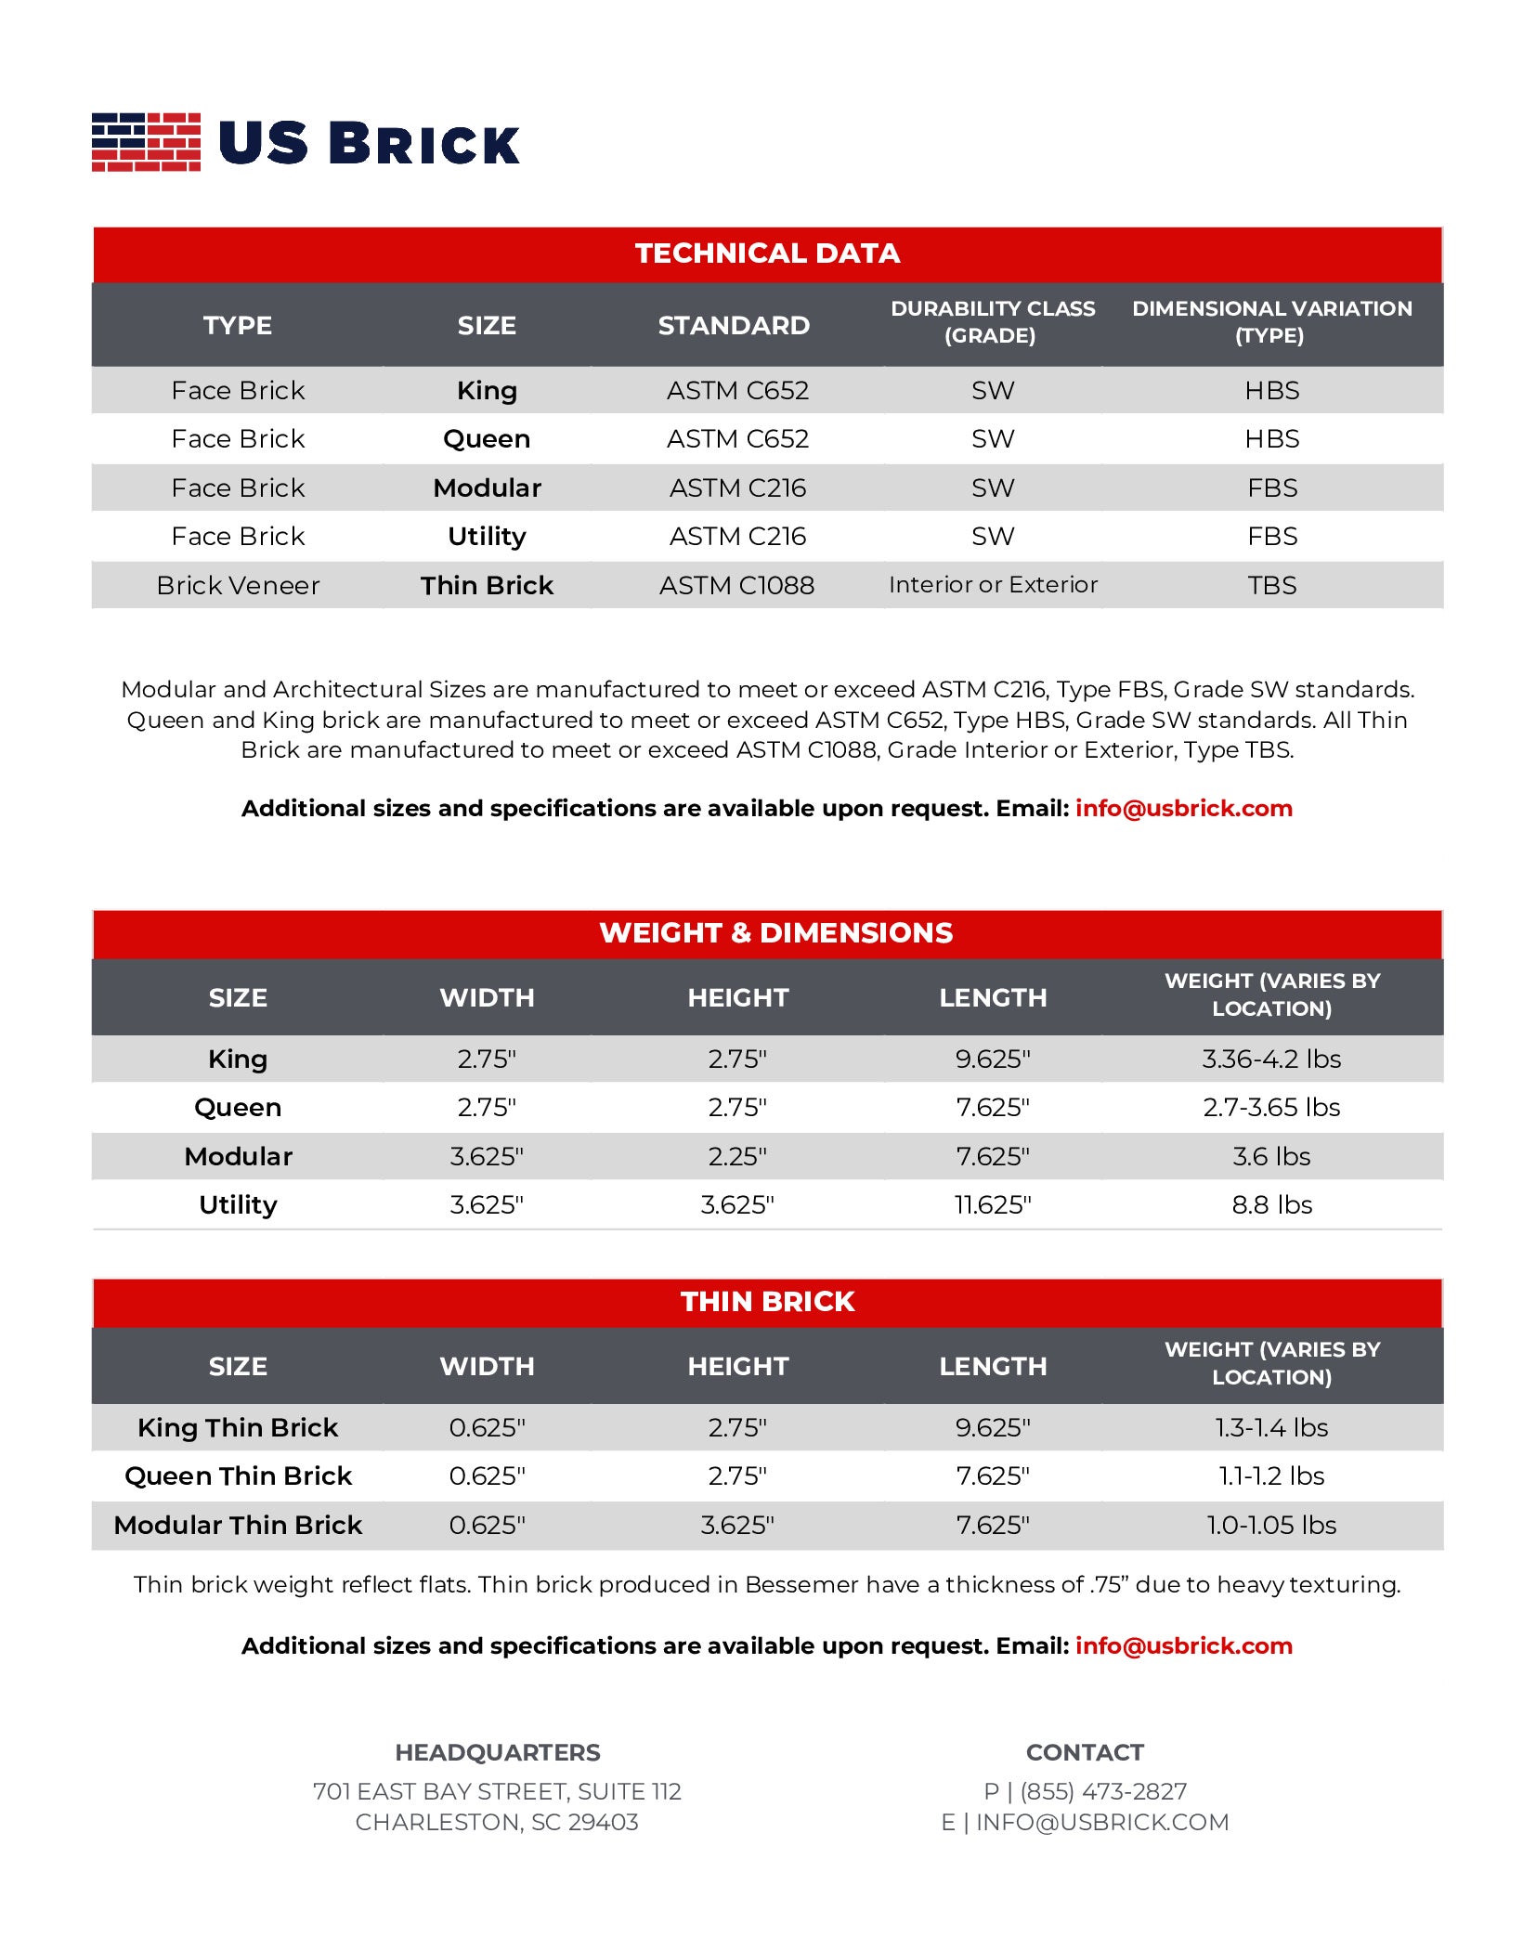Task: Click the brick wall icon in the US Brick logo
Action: [x=146, y=142]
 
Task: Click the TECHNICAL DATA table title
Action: [x=767, y=253]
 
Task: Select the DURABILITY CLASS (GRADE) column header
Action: [x=992, y=322]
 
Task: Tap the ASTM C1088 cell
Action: [x=736, y=586]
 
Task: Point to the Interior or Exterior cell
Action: [x=993, y=585]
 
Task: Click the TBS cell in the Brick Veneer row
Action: [x=1271, y=586]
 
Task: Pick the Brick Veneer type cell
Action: [x=238, y=586]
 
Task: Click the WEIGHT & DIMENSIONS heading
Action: [x=775, y=933]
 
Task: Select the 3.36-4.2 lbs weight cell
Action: [x=1271, y=1059]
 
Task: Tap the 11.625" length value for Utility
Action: [x=993, y=1205]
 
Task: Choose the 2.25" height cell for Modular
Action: [x=737, y=1157]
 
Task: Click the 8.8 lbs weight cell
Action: [x=1271, y=1205]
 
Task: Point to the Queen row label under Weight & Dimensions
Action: [x=238, y=1108]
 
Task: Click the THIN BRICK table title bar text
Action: [x=767, y=1302]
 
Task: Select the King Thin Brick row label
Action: [x=238, y=1428]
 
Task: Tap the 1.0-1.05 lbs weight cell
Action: [x=1271, y=1526]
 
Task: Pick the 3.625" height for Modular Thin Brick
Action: [x=737, y=1526]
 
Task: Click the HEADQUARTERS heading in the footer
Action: [x=498, y=1753]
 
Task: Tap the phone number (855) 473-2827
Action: [x=1103, y=1792]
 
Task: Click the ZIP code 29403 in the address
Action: [x=603, y=1823]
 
